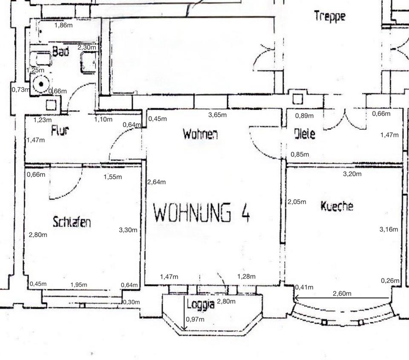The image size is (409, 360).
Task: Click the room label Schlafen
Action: [x=72, y=222]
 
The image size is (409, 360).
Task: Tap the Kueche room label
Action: [x=337, y=206]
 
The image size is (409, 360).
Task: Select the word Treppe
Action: [x=329, y=16]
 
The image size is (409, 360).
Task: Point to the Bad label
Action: [x=60, y=52]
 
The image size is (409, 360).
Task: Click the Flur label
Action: [x=60, y=131]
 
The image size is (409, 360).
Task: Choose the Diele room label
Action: [x=305, y=134]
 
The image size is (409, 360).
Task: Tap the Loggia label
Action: [x=201, y=305]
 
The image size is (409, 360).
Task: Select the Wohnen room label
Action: [x=200, y=134]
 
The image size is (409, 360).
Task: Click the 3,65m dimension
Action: [x=217, y=115]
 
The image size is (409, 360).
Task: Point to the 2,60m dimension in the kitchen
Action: [x=343, y=293]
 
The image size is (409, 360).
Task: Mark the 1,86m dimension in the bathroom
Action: [x=63, y=25]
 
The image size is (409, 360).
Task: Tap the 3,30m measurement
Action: [x=128, y=230]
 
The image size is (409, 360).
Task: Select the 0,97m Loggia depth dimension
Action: [x=195, y=319]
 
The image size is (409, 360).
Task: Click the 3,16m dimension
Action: [x=389, y=229]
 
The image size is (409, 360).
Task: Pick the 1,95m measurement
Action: [x=78, y=285]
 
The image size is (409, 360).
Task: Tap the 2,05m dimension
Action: [x=297, y=202]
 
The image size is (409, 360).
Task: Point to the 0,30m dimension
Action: [x=131, y=302]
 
